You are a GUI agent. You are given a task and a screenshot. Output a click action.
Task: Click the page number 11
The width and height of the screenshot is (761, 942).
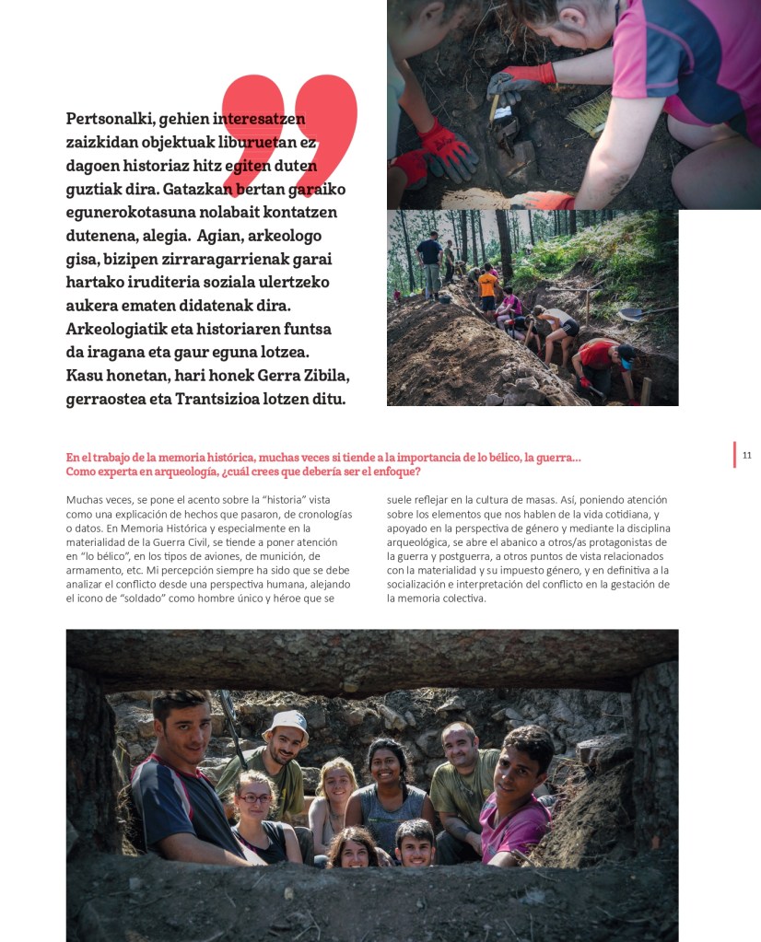click(x=747, y=455)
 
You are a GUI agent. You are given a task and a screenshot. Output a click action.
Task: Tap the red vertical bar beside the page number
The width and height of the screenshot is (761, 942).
click(x=735, y=455)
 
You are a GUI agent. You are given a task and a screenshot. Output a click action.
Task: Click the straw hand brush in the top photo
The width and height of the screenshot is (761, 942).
click(x=590, y=115)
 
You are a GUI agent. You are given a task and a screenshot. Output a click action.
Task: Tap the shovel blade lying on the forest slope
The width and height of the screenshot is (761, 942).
click(x=631, y=314)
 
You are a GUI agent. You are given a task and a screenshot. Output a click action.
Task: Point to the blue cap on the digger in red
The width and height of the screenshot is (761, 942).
click(x=626, y=352)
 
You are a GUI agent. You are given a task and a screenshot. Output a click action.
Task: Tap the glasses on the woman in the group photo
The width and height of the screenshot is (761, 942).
click(x=254, y=798)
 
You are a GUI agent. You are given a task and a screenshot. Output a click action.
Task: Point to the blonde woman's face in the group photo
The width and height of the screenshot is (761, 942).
click(x=336, y=784)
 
